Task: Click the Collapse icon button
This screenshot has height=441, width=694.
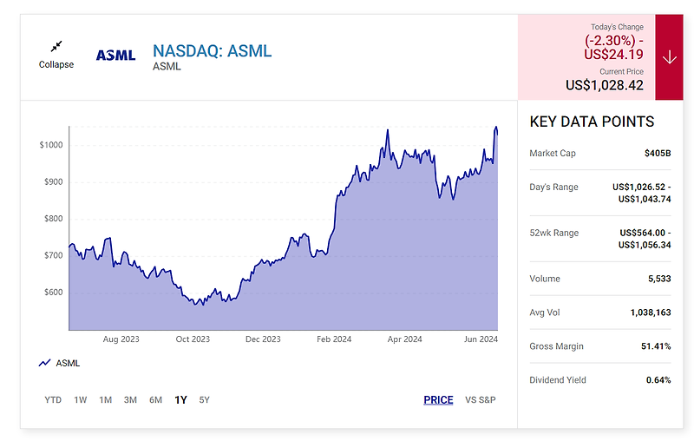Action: pyautogui.click(x=56, y=47)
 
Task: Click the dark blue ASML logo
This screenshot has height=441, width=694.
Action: pyautogui.click(x=115, y=55)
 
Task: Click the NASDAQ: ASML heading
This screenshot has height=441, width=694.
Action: pyautogui.click(x=212, y=50)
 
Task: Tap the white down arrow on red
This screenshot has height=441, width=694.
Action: pyautogui.click(x=669, y=57)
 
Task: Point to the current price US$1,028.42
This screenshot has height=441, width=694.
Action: pyautogui.click(x=605, y=85)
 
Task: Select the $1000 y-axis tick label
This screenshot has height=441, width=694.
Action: pyautogui.click(x=50, y=145)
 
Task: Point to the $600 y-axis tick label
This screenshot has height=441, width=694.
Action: pyautogui.click(x=52, y=293)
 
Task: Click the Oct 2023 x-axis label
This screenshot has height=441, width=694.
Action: pyautogui.click(x=193, y=339)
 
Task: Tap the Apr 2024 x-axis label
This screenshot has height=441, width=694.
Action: pyautogui.click(x=404, y=339)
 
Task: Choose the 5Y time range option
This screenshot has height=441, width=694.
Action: pyautogui.click(x=204, y=400)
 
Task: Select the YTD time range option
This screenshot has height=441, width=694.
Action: pyautogui.click(x=53, y=400)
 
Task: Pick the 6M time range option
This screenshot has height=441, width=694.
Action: pyautogui.click(x=155, y=400)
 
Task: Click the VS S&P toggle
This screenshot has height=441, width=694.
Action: pyautogui.click(x=480, y=400)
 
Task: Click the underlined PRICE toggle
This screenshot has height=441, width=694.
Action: pyautogui.click(x=438, y=400)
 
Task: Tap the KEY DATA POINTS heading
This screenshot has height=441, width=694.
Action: pyautogui.click(x=592, y=122)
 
